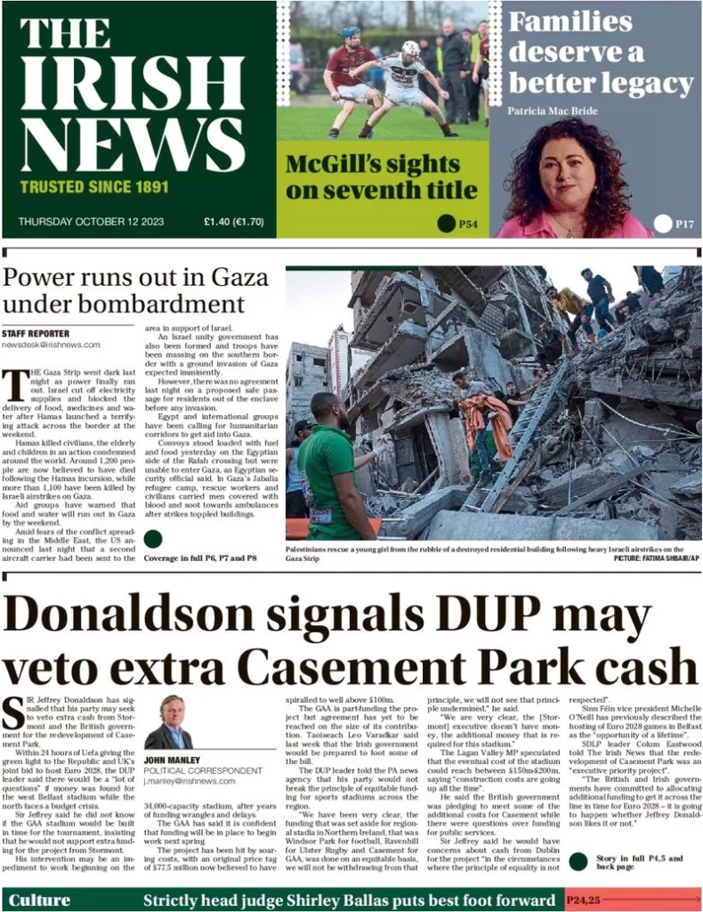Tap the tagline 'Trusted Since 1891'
[93, 188]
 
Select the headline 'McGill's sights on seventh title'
[381, 176]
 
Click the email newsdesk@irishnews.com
[51, 344]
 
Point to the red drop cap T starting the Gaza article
[14, 385]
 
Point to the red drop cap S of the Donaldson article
[13, 713]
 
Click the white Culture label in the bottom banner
[39, 899]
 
